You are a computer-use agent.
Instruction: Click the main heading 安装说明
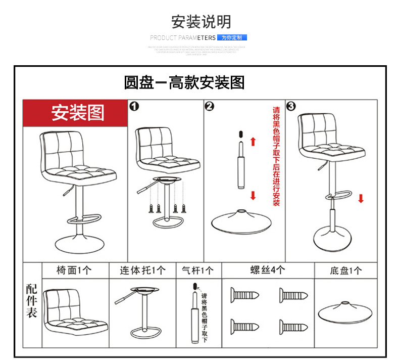[201, 22]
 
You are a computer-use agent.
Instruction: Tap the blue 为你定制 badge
[232, 37]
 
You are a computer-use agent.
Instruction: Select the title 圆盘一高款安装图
[184, 82]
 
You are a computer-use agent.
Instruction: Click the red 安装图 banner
[77, 113]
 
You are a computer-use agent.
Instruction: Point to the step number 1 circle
[134, 106]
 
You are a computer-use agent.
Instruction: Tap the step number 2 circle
[210, 106]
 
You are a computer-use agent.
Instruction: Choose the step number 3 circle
[291, 106]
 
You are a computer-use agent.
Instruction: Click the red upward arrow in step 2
[253, 141]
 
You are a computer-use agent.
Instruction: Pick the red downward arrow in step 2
[253, 195]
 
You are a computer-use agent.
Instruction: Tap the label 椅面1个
[74, 270]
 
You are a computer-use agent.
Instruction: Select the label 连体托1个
[142, 270]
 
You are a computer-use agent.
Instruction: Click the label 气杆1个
[198, 270]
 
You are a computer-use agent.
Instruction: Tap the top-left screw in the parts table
[246, 294]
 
